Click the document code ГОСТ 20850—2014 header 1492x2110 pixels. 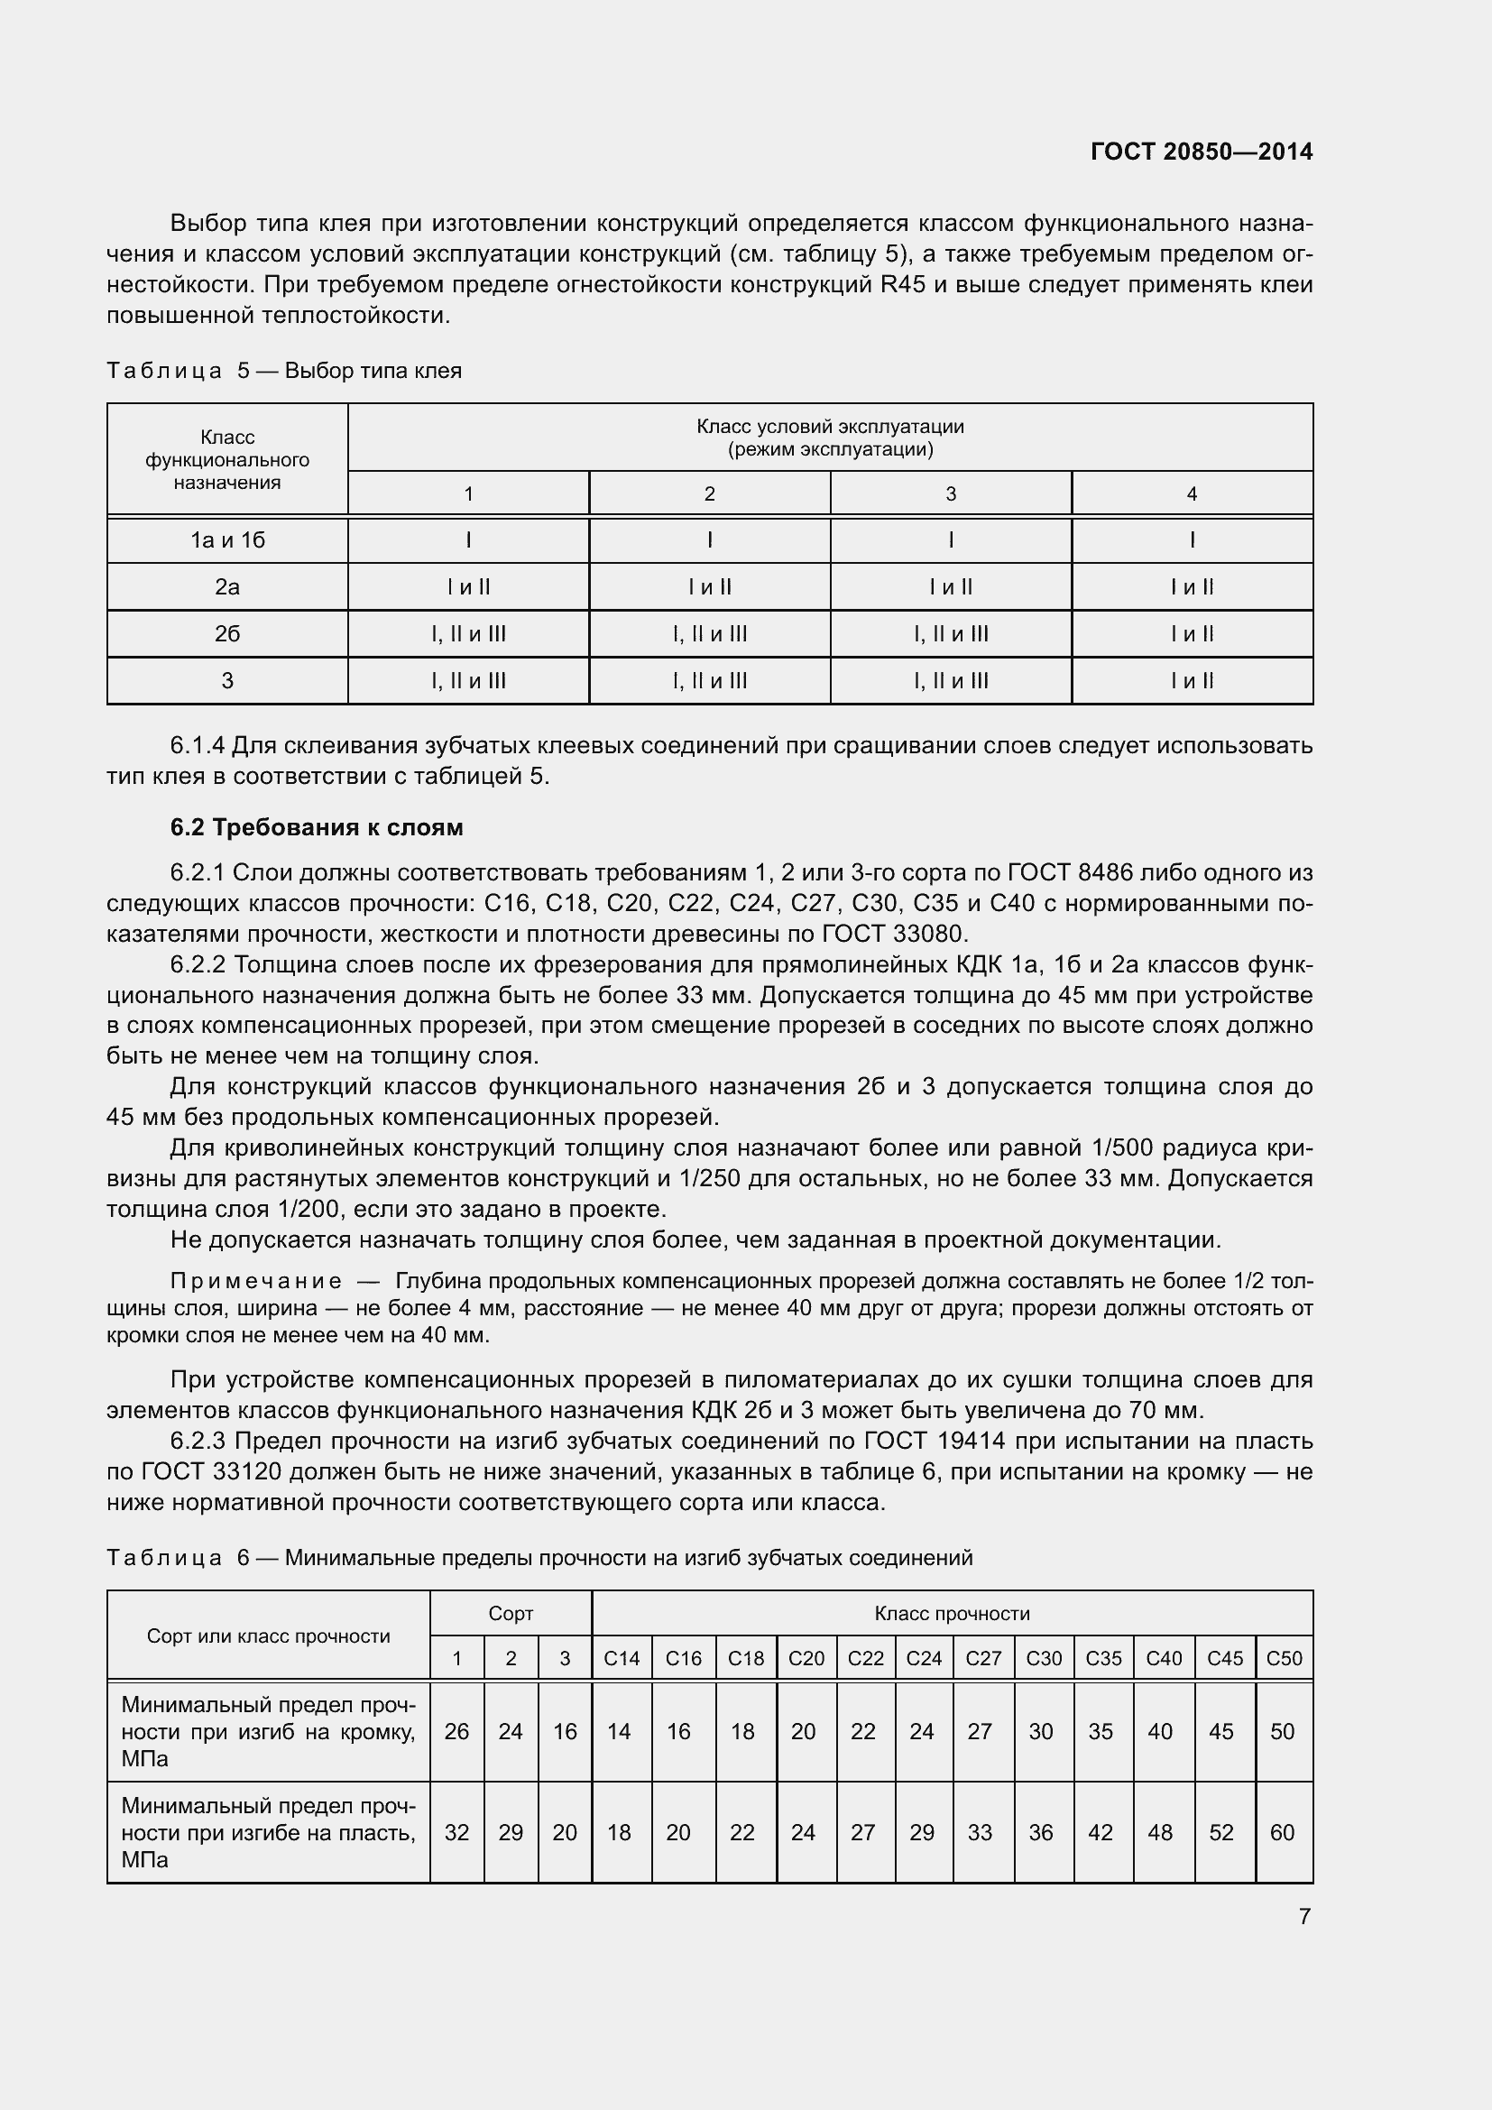tap(1201, 152)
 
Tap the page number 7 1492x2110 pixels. tap(1303, 1916)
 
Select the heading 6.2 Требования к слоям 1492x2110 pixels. tap(316, 827)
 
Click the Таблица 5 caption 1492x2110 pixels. tap(284, 371)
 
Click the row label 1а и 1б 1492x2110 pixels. tap(227, 540)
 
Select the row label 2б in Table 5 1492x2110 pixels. tap(227, 634)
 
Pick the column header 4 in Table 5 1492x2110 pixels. tap(1192, 494)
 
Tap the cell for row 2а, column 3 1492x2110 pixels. tap(950, 587)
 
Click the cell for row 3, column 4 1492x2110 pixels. tap(1192, 681)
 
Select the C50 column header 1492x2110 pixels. tap(1284, 1659)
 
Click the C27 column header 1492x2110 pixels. tap(983, 1659)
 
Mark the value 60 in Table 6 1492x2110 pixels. tap(1282, 1832)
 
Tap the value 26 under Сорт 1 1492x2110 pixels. tap(456, 1731)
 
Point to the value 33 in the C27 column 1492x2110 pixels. tap(980, 1832)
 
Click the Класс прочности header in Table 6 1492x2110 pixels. tap(952, 1614)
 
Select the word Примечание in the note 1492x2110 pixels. tap(255, 1281)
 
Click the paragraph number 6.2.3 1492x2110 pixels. tap(199, 1441)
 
